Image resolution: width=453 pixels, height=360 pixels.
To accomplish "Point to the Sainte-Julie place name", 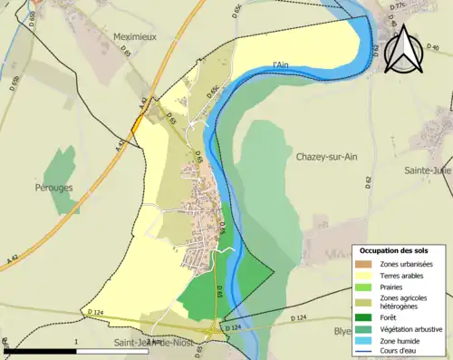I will click(x=427, y=170).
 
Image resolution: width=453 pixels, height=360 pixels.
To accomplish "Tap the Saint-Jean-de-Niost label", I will click(x=154, y=343).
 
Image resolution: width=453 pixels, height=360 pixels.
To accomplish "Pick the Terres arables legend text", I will click(x=404, y=275).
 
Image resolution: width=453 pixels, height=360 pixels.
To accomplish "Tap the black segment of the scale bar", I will click(x=45, y=350).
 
